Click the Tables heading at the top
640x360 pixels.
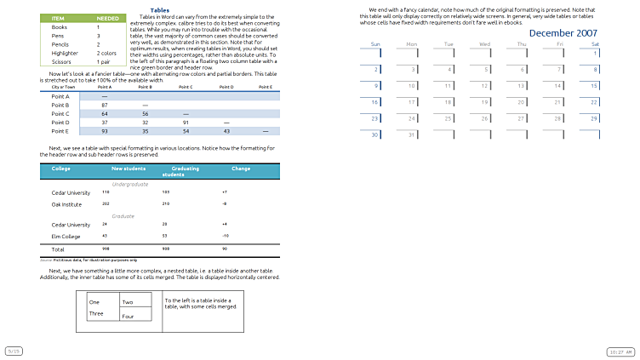click(x=159, y=10)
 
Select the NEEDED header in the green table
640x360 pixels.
click(x=108, y=18)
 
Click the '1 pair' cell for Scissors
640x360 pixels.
click(x=104, y=62)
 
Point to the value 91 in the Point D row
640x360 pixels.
click(x=186, y=123)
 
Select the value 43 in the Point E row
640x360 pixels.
click(x=227, y=131)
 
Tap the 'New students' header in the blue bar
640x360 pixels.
click(x=129, y=169)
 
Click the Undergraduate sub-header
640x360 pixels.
click(x=130, y=184)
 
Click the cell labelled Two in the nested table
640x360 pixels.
click(x=128, y=302)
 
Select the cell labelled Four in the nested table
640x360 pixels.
click(x=129, y=317)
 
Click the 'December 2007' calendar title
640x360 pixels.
click(x=563, y=33)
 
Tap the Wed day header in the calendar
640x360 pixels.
click(x=484, y=43)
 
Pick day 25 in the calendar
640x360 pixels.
click(x=449, y=118)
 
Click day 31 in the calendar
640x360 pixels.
click(x=412, y=134)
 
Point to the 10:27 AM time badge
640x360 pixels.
click(x=619, y=351)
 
